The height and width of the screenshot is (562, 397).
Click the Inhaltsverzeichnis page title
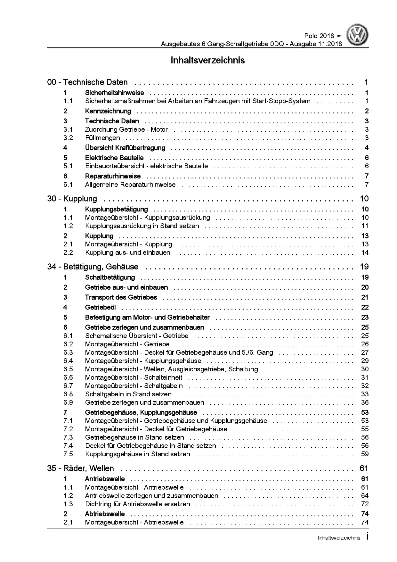tap(208, 60)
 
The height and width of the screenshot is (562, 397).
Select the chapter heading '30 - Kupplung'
tap(72, 199)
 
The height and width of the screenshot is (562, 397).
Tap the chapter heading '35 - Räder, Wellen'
tap(80, 468)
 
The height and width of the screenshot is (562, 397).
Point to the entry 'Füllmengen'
tap(102, 138)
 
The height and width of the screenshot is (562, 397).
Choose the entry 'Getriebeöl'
tap(101, 308)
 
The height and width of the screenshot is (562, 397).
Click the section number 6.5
tap(68, 369)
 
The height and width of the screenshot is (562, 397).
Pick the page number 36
tap(365, 402)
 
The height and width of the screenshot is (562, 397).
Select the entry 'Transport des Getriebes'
tap(121, 297)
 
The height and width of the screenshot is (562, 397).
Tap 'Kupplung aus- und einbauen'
tap(128, 252)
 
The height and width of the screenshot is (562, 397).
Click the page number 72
tap(365, 504)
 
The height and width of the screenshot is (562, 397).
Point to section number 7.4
tap(68, 446)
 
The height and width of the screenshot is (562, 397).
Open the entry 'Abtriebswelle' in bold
tap(105, 514)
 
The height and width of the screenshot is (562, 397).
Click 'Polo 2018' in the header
tap(319, 36)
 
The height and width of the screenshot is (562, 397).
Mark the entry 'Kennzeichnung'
tap(108, 111)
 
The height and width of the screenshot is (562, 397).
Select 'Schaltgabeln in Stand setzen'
tap(128, 394)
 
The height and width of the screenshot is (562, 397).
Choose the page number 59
tap(365, 454)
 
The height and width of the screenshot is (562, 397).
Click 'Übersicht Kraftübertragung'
tap(125, 148)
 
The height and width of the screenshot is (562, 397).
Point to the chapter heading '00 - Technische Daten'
tap(87, 82)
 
